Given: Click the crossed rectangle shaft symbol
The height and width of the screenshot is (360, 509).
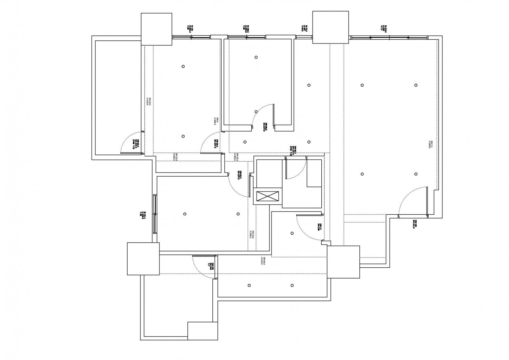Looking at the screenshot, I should click(268, 197).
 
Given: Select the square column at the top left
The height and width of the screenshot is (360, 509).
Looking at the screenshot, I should click(156, 29).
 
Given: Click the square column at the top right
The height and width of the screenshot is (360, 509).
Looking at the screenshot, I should click(330, 27).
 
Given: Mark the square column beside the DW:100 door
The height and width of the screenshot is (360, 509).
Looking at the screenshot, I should click(143, 258).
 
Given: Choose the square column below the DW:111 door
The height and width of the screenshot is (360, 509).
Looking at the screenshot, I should click(343, 262).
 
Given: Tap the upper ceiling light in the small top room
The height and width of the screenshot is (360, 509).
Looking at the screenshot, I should click(256, 57).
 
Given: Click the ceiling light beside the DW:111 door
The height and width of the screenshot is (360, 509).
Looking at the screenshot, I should click(292, 233).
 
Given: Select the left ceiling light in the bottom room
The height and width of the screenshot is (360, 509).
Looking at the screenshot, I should click(249, 285).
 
